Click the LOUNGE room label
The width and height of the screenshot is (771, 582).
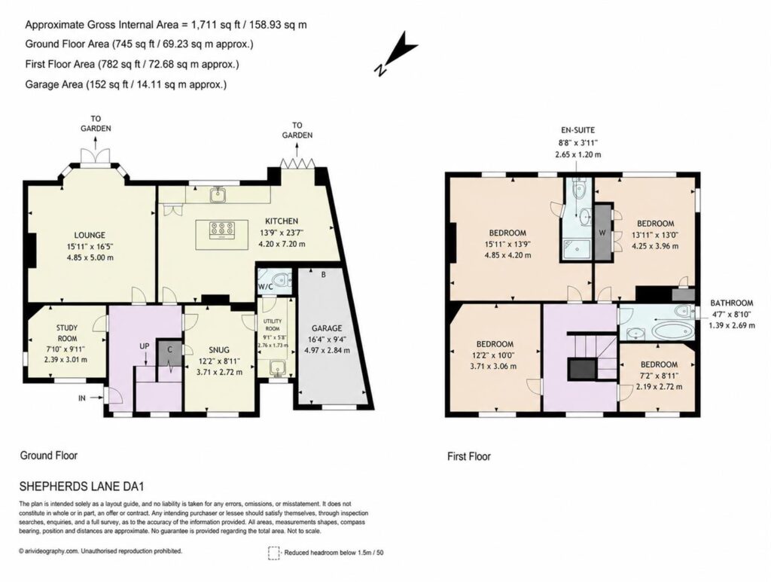click(90, 235)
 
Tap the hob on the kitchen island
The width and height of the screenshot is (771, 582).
click(222, 230)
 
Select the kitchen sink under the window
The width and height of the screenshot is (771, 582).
click(217, 195)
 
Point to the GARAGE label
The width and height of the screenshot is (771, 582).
click(327, 328)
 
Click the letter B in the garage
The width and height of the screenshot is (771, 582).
click(324, 275)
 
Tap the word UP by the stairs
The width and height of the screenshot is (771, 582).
click(144, 346)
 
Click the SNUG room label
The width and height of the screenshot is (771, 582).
click(219, 350)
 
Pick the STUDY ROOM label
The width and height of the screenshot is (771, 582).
click(67, 333)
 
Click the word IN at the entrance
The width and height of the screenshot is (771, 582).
click(81, 398)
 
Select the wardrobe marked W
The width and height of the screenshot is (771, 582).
click(602, 232)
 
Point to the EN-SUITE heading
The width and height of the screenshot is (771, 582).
click(577, 130)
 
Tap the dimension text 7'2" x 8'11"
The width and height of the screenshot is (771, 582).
click(659, 376)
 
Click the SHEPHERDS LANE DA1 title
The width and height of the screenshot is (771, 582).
click(81, 486)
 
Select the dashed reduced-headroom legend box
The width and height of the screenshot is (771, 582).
click(274, 553)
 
